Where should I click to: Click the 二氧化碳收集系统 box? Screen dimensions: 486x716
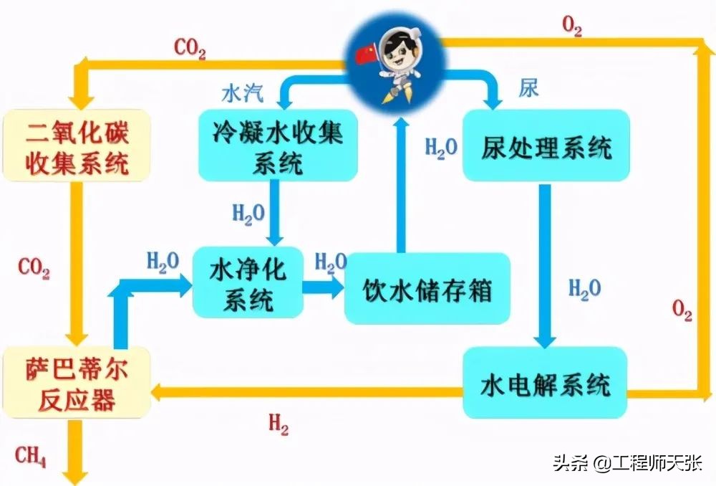tap(77, 145)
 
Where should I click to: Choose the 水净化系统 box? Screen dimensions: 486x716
tap(248, 284)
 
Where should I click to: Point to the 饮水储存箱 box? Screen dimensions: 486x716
tap(427, 288)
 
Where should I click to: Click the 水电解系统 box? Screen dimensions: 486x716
tap(546, 383)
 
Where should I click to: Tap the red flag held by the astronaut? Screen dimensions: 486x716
tap(366, 52)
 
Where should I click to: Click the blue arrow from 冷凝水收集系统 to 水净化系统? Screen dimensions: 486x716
tap(273, 211)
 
